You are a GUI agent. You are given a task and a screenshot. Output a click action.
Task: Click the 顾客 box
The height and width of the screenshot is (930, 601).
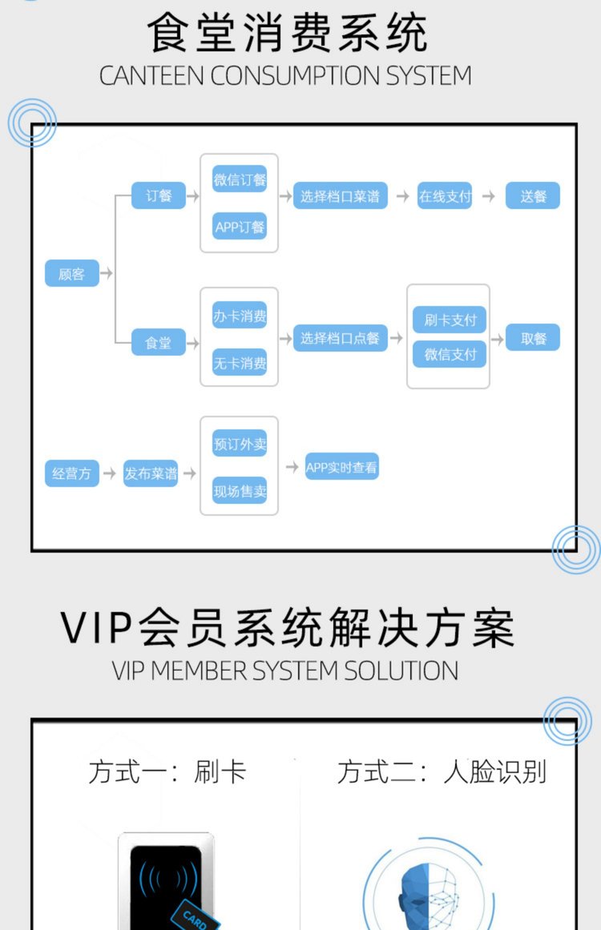(71, 274)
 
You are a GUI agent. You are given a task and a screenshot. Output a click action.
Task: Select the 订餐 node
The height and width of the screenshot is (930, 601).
(159, 195)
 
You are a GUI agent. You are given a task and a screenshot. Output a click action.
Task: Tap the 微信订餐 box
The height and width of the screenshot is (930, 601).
(240, 180)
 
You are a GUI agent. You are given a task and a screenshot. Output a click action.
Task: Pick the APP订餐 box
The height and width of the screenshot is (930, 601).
(240, 227)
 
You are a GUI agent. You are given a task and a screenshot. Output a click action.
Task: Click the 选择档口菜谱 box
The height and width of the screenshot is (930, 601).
(340, 196)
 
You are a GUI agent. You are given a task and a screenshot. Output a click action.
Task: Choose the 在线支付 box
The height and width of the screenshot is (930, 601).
(446, 196)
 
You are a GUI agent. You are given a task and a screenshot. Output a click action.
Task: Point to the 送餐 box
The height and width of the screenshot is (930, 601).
(533, 196)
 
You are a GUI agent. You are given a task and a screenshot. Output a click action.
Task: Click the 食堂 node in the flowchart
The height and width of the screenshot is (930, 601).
(159, 343)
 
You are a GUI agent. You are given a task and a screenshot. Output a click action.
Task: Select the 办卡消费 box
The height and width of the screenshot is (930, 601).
(240, 316)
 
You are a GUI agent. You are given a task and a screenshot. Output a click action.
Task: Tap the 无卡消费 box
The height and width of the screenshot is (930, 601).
(240, 363)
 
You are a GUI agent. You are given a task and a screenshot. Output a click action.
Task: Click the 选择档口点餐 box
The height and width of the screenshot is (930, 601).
(340, 339)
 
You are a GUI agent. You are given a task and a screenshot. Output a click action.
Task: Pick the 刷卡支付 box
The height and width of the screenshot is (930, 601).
(450, 320)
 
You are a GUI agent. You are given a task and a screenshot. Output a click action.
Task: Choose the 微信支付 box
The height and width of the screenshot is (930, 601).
(450, 354)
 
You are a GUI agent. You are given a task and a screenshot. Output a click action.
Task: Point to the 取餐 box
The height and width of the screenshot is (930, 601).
(533, 339)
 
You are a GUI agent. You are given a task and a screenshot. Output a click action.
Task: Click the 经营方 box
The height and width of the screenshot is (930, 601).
(71, 473)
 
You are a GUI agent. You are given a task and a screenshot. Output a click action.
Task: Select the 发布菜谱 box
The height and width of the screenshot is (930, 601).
(151, 473)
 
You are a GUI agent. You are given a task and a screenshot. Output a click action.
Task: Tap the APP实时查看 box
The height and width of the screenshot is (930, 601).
(341, 467)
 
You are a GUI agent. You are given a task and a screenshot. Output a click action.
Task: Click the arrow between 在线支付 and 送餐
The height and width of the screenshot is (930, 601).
(489, 196)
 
